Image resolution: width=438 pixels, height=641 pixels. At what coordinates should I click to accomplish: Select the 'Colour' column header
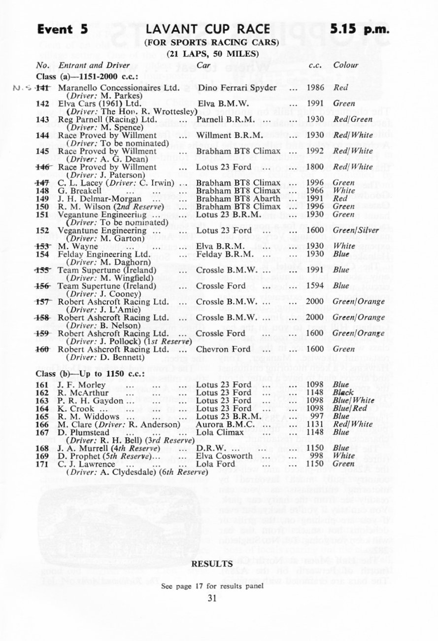click(346, 65)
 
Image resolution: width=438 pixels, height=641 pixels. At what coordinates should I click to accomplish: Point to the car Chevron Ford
click(220, 349)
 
